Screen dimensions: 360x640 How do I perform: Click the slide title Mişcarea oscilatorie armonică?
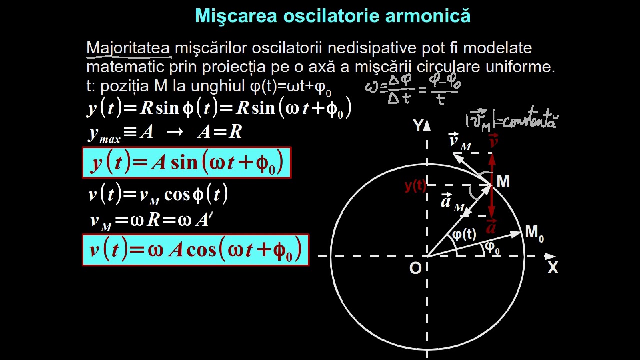pos(333,16)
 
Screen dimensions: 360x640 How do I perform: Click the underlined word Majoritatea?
pos(128,48)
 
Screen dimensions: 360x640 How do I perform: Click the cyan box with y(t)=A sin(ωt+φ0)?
pos(186,162)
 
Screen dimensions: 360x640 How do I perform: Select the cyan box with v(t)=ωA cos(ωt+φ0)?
pos(195,249)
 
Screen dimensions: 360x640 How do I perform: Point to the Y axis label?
pos(417,126)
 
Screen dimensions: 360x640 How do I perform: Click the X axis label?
pos(552,268)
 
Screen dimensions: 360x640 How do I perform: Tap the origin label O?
pos(415,268)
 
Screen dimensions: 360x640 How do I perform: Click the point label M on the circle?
pos(503,181)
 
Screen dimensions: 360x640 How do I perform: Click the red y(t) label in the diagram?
pos(415,186)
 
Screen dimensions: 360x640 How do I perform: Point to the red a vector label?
pos(491,226)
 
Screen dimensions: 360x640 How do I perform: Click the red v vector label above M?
pos(493,141)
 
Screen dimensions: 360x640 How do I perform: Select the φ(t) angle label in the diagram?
pos(464,234)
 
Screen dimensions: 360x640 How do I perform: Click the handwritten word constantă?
pos(530,120)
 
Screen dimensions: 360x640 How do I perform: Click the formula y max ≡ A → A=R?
pos(165,132)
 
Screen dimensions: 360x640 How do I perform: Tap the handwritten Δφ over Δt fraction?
pos(399,89)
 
